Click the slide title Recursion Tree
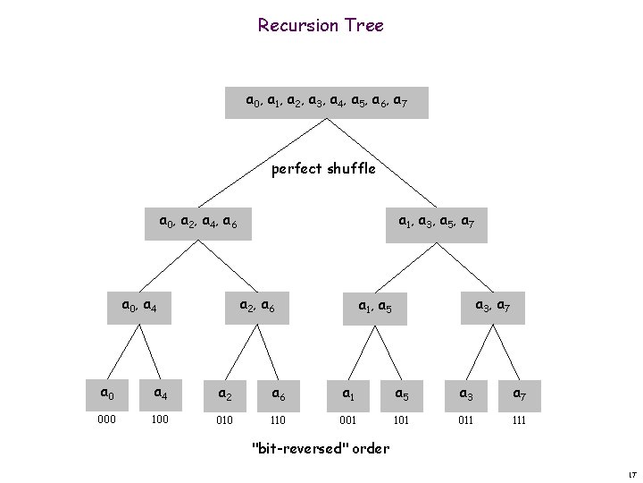pyautogui.click(x=321, y=25)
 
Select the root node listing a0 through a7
pyautogui.click(x=327, y=102)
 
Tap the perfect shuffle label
pyautogui.click(x=323, y=167)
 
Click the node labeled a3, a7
pyautogui.click(x=490, y=307)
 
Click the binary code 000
pyautogui.click(x=106, y=418)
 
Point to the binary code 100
pyautogui.click(x=159, y=418)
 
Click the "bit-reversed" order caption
pyautogui.click(x=321, y=448)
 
